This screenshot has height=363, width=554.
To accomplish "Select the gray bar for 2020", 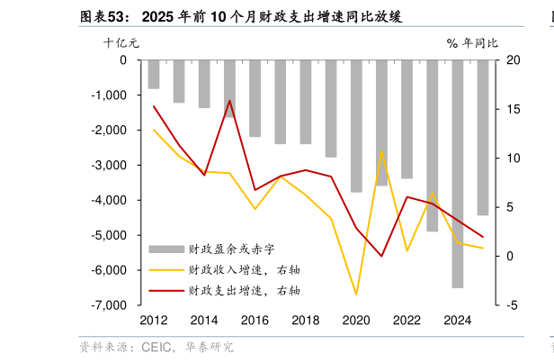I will (356, 125).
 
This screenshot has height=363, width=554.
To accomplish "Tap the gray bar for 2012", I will (154, 74).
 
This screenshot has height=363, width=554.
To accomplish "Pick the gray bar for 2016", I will (255, 98).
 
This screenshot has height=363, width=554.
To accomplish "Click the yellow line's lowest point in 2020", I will (356, 295).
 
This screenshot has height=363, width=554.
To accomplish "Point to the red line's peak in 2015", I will (229, 101).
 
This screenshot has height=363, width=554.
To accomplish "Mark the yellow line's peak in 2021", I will (381, 151).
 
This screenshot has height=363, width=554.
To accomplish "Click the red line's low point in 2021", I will (381, 256).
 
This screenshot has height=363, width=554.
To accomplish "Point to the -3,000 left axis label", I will (110, 165).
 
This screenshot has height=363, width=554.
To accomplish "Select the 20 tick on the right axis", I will (514, 60).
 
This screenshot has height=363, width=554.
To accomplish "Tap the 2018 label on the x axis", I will (306, 321).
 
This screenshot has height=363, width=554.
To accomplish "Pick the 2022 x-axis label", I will (407, 321).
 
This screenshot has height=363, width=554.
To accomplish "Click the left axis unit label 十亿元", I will (121, 42).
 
